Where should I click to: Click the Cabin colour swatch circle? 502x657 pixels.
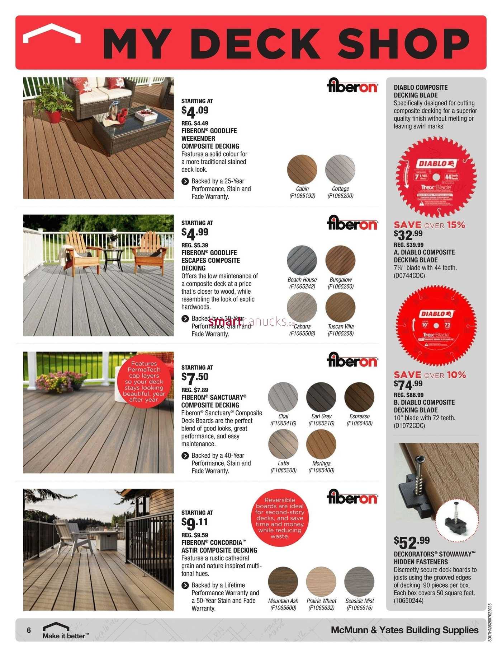302,169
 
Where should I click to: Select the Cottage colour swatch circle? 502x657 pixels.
340,169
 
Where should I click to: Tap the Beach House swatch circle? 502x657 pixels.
302,260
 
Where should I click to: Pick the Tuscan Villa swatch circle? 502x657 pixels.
340,307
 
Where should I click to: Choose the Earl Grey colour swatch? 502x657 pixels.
321,397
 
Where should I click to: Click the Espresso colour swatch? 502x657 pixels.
359,397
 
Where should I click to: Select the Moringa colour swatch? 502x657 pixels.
321,444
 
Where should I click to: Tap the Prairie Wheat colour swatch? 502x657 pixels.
321,582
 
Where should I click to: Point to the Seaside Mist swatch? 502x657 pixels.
359,582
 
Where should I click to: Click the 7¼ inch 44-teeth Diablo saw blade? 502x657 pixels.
436,177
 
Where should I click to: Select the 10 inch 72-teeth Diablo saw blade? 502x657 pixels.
436,326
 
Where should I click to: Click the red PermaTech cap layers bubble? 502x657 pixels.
144,382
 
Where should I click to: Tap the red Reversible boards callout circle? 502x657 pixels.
280,518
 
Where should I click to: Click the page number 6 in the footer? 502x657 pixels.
29,630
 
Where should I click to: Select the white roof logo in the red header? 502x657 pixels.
52,33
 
